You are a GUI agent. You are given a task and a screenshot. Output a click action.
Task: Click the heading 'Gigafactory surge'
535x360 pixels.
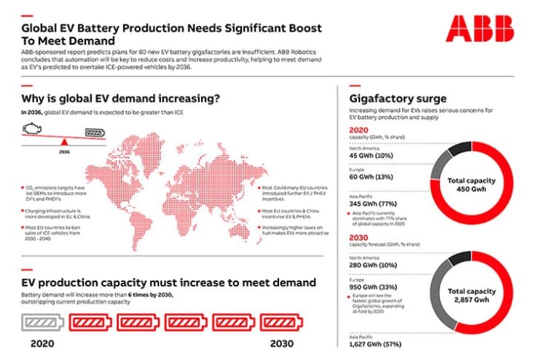click(397, 97)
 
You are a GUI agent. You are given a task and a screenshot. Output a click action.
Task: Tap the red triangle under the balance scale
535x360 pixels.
click(65, 142)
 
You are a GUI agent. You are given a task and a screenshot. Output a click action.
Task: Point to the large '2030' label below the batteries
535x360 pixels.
click(281, 346)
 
